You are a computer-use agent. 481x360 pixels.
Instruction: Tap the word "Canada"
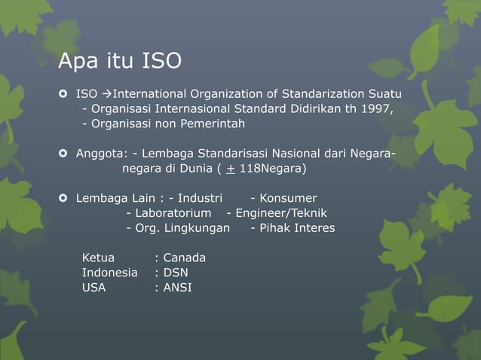tap(184, 258)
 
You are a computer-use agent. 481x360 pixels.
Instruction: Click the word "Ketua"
tap(99, 258)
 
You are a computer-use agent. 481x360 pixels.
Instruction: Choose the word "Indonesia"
tap(110, 273)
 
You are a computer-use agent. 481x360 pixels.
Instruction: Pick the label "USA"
tap(94, 287)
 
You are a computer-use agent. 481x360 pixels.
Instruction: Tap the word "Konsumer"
tap(283, 198)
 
